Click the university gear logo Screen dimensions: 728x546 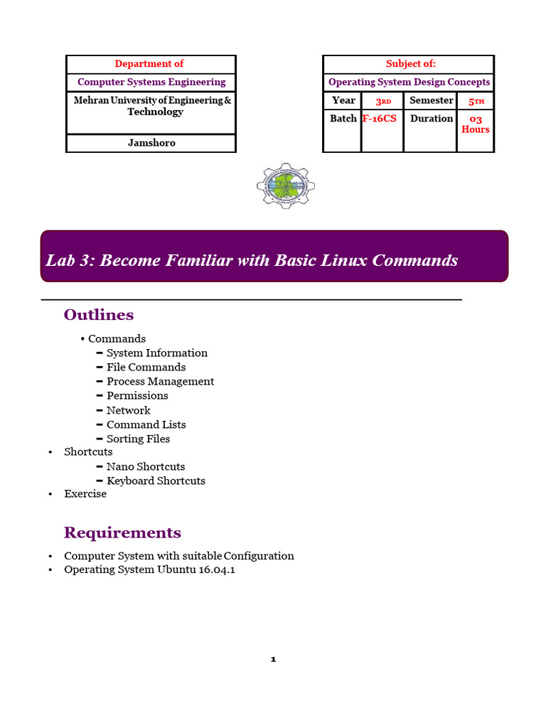(286, 186)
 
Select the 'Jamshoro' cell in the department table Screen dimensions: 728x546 (151, 143)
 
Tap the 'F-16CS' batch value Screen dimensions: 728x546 (380, 119)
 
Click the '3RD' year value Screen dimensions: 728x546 (383, 101)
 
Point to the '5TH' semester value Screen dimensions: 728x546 (476, 101)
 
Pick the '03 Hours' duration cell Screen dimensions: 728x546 (476, 124)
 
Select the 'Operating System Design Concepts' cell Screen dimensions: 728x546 (409, 82)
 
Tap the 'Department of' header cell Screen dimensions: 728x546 (149, 64)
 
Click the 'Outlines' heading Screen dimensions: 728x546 (99, 315)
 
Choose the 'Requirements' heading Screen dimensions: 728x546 (122, 533)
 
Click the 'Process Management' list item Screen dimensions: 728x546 (160, 382)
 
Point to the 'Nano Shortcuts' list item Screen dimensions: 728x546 (146, 467)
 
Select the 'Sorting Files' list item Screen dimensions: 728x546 (139, 439)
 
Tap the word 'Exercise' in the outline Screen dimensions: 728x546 (85, 494)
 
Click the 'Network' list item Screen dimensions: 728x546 (129, 411)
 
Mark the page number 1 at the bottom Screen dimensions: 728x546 (273, 660)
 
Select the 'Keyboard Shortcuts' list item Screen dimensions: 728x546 (156, 481)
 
